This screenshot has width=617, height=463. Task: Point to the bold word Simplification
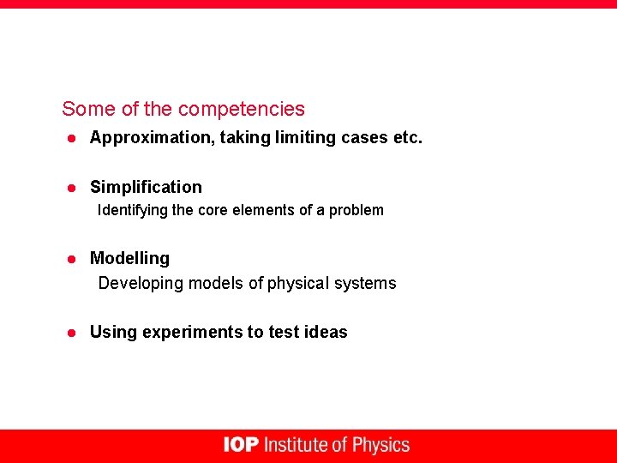pyautogui.click(x=146, y=187)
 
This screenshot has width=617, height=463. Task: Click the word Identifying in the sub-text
pyautogui.click(x=132, y=210)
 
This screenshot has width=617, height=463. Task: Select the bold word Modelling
pyautogui.click(x=129, y=258)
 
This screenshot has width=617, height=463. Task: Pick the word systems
pyautogui.click(x=369, y=283)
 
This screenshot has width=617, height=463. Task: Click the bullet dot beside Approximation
pyautogui.click(x=74, y=138)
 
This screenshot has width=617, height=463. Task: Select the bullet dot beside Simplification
pyautogui.click(x=74, y=188)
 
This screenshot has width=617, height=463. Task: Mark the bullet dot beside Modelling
pyautogui.click(x=74, y=259)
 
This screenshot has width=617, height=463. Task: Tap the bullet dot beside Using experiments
pyautogui.click(x=74, y=333)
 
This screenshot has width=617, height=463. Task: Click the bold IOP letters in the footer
pyautogui.click(x=241, y=445)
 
